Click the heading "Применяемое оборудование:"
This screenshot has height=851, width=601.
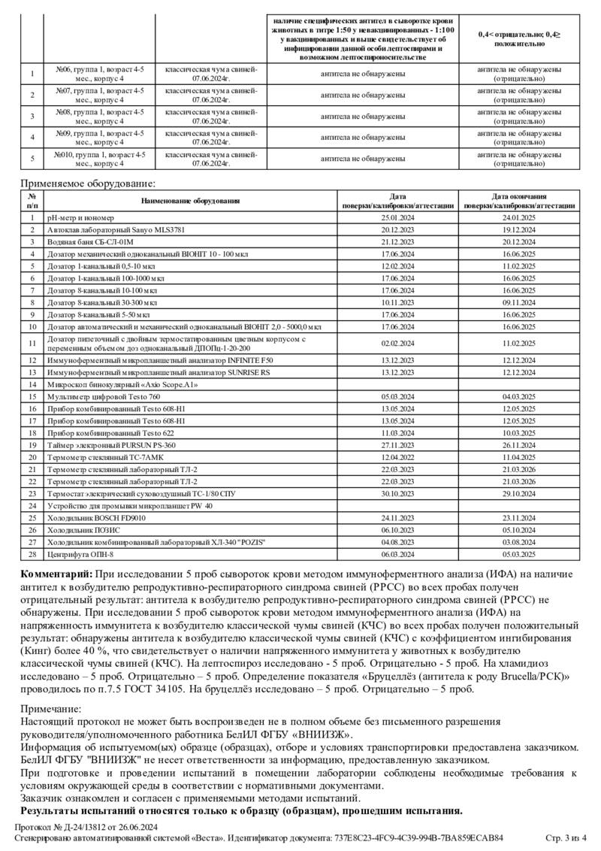pos(88,183)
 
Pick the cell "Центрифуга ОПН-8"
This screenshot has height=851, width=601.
pos(80,554)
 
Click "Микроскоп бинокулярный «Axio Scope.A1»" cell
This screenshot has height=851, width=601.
pos(122,383)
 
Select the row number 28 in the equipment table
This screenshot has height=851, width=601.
pos(32,554)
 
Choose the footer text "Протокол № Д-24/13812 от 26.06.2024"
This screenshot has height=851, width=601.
pos(86,828)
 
